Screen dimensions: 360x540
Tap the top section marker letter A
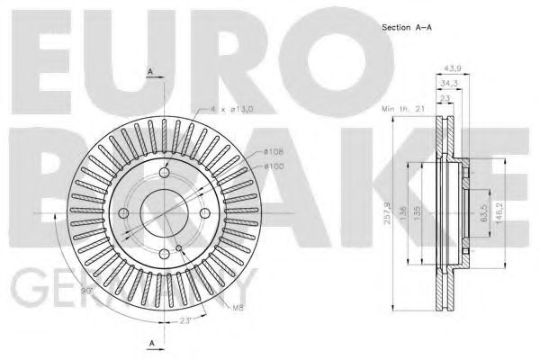coord(150,71)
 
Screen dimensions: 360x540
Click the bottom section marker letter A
coord(150,342)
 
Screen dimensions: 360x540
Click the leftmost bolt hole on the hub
coord(123,212)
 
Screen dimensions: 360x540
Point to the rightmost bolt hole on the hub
coord(206,212)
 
